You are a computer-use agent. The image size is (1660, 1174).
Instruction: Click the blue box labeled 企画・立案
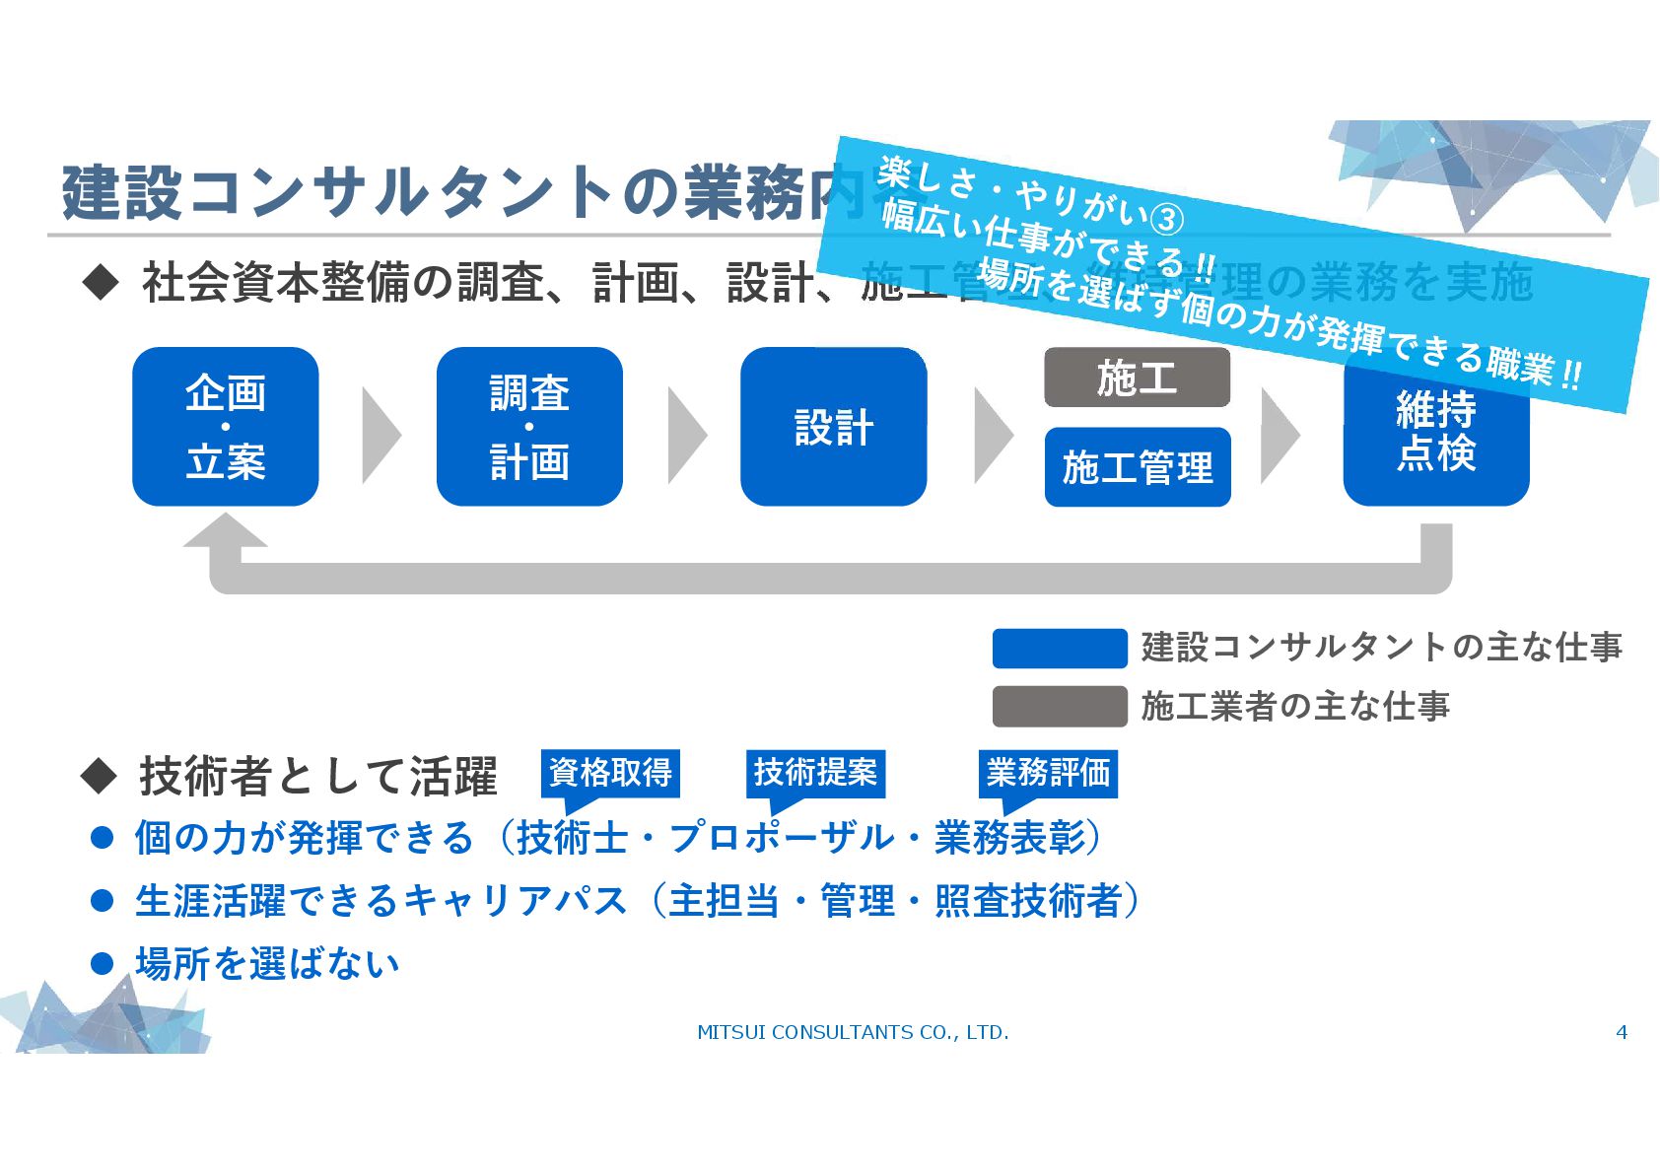pos(225,426)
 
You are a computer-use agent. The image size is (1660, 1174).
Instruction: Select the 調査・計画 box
pos(529,426)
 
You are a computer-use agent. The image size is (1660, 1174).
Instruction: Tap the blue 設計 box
pos(833,426)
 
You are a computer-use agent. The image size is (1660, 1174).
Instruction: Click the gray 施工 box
pos(1137,378)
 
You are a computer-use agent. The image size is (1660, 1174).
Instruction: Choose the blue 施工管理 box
pos(1137,467)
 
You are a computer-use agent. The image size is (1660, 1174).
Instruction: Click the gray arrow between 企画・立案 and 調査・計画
pos(380,435)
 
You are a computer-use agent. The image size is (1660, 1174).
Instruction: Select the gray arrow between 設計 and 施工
pos(992,435)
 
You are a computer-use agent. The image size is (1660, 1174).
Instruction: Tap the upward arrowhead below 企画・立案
pos(225,532)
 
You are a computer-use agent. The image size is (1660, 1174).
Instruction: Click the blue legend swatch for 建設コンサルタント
pos(1059,648)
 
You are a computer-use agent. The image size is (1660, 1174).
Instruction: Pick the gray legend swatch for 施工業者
pos(1059,706)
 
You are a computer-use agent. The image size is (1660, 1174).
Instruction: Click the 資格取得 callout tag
pos(610,773)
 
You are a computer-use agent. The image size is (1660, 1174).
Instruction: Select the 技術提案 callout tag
pos(815,773)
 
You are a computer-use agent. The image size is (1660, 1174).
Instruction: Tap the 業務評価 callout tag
pos(1048,773)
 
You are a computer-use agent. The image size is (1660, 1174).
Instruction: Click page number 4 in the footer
pos(1622,1032)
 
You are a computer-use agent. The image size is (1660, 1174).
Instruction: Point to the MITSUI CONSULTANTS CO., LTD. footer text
pos(853,1032)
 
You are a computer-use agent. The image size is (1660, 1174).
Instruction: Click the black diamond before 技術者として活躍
pos(99,776)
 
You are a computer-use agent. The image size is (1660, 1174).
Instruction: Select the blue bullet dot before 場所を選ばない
pos(102,963)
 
